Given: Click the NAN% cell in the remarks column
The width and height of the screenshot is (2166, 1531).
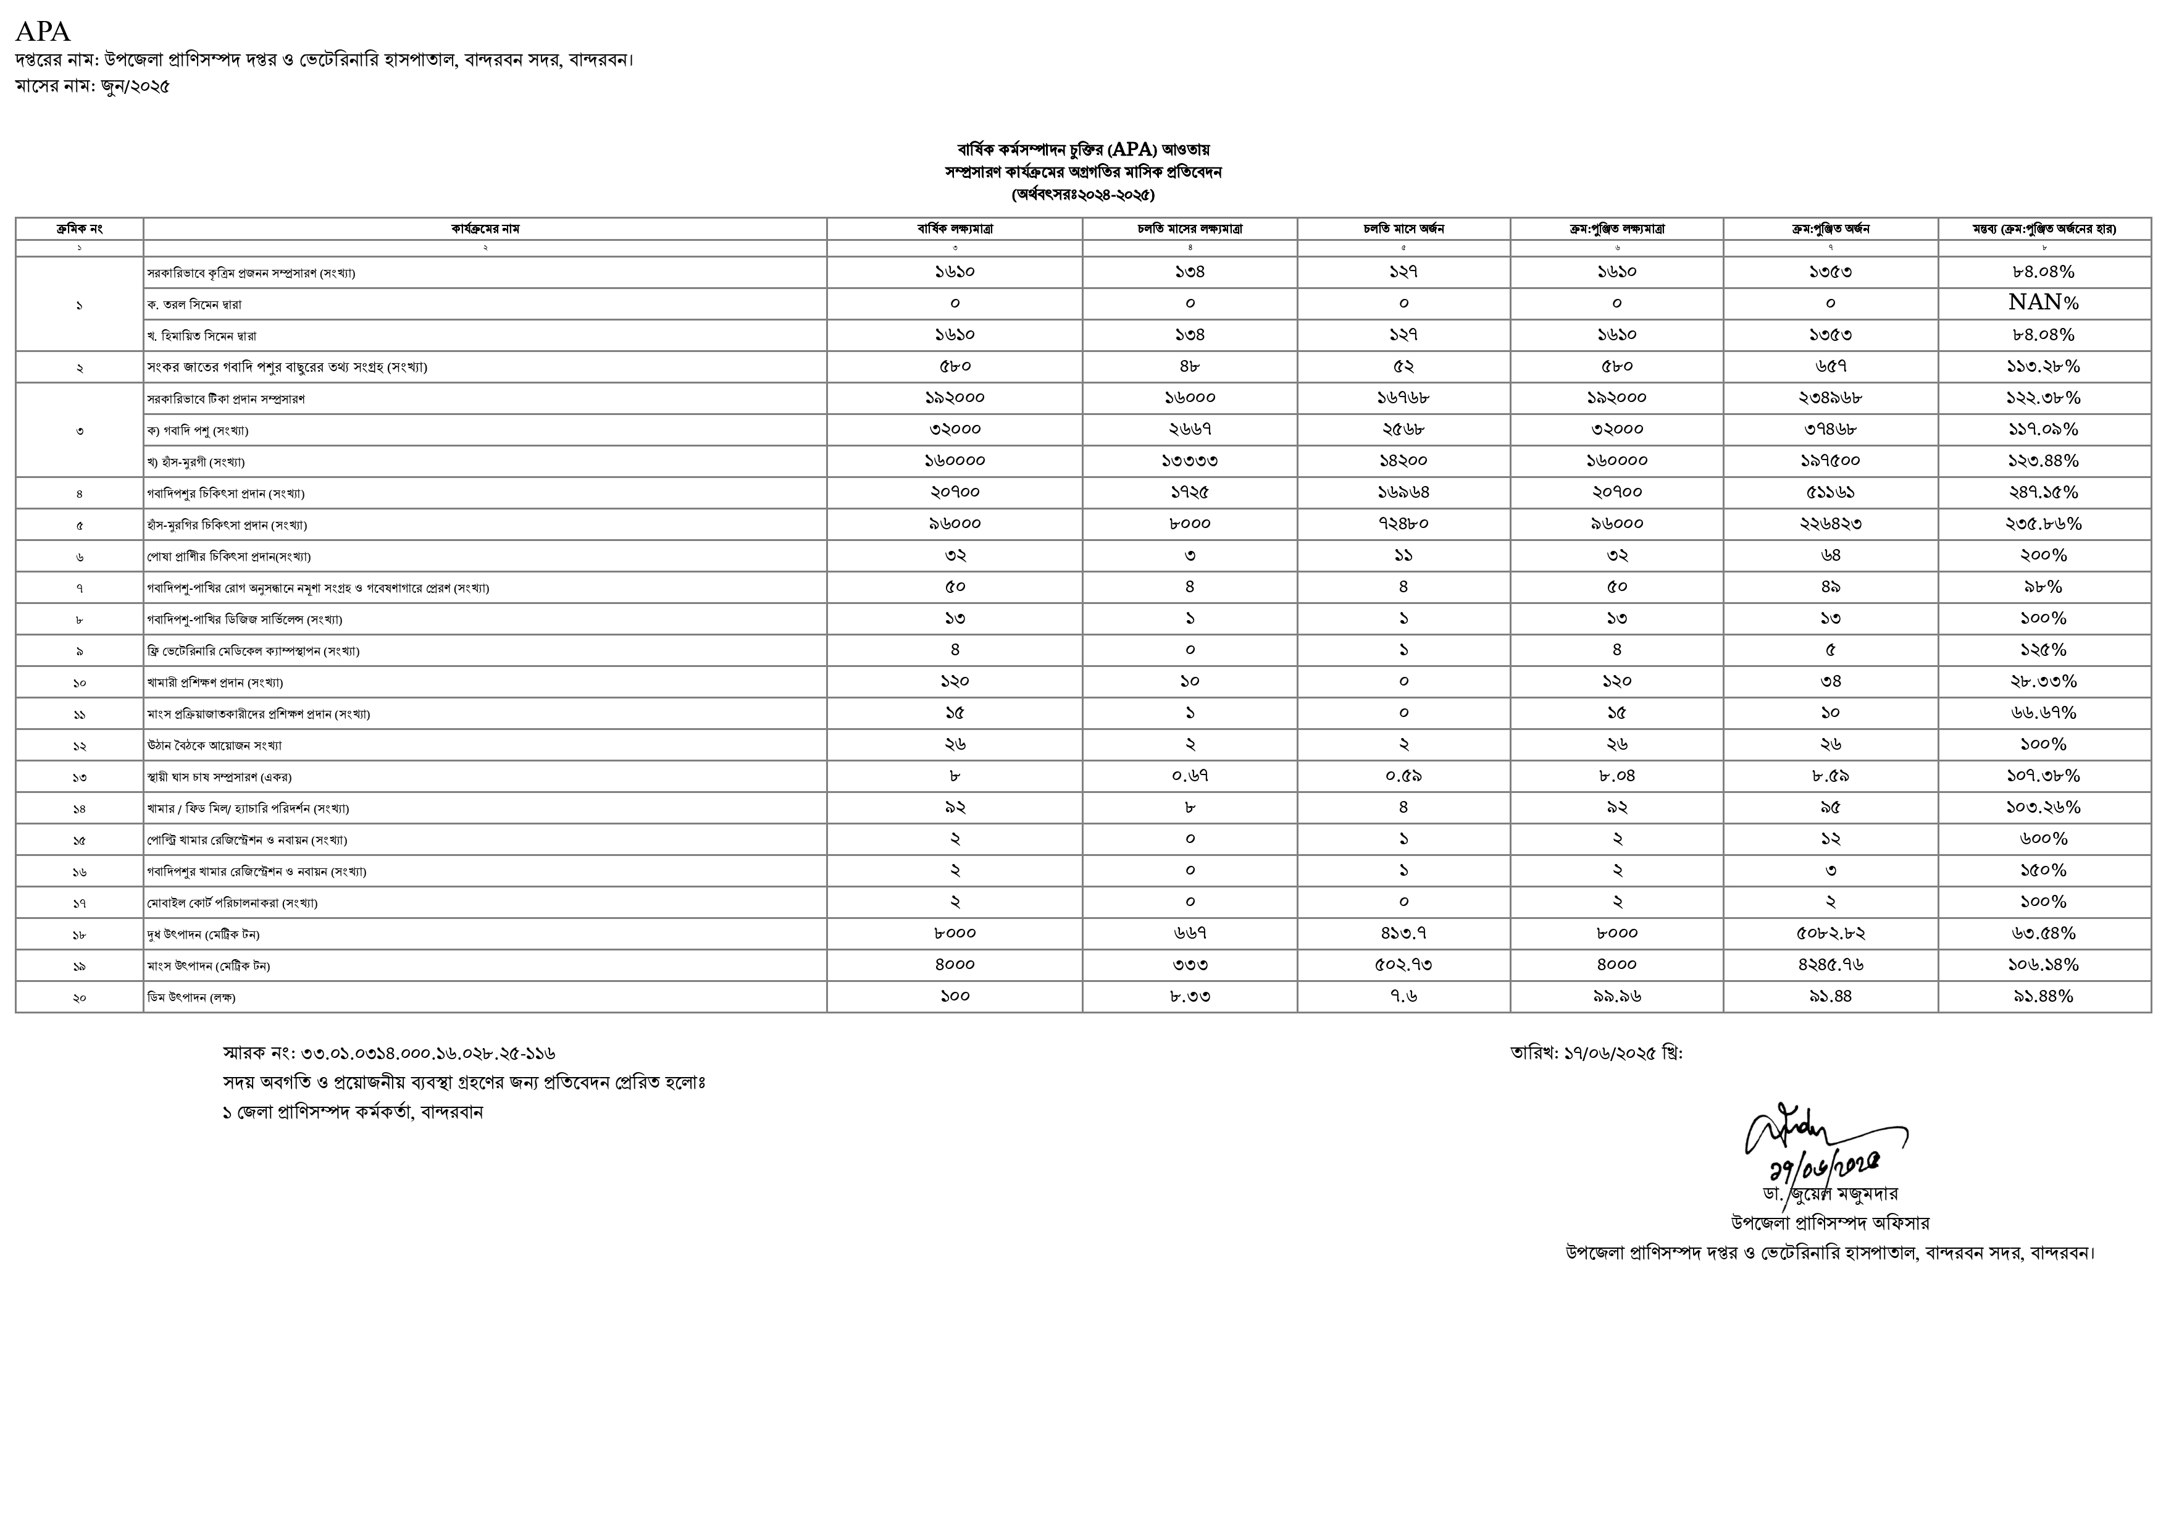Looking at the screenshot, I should click(x=2043, y=303).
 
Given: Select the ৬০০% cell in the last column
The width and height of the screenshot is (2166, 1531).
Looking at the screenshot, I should click(x=2043, y=839).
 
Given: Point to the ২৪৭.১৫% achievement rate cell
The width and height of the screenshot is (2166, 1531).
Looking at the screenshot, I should click(x=2043, y=492).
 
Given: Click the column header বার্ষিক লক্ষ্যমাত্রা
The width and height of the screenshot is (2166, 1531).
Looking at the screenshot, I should click(x=955, y=229).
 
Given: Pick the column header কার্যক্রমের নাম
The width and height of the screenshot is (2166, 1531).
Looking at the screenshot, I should click(x=485, y=229).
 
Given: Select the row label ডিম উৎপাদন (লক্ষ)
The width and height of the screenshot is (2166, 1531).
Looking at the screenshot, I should click(x=191, y=997).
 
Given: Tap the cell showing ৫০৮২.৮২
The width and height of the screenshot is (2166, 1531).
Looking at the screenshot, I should click(x=1830, y=933).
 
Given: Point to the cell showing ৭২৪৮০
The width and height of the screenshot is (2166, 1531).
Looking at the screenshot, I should click(x=1403, y=524).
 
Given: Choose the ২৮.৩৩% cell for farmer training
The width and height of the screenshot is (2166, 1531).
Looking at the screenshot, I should click(x=2043, y=681).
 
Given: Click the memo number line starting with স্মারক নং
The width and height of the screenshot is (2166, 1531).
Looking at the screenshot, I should click(x=388, y=1053).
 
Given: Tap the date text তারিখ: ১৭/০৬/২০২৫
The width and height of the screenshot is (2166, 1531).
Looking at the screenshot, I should click(x=1596, y=1053).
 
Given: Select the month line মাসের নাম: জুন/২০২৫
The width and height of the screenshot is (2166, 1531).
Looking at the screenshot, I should click(x=93, y=87).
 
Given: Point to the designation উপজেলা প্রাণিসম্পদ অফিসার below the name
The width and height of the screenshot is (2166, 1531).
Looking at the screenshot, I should click(x=1830, y=1223).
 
